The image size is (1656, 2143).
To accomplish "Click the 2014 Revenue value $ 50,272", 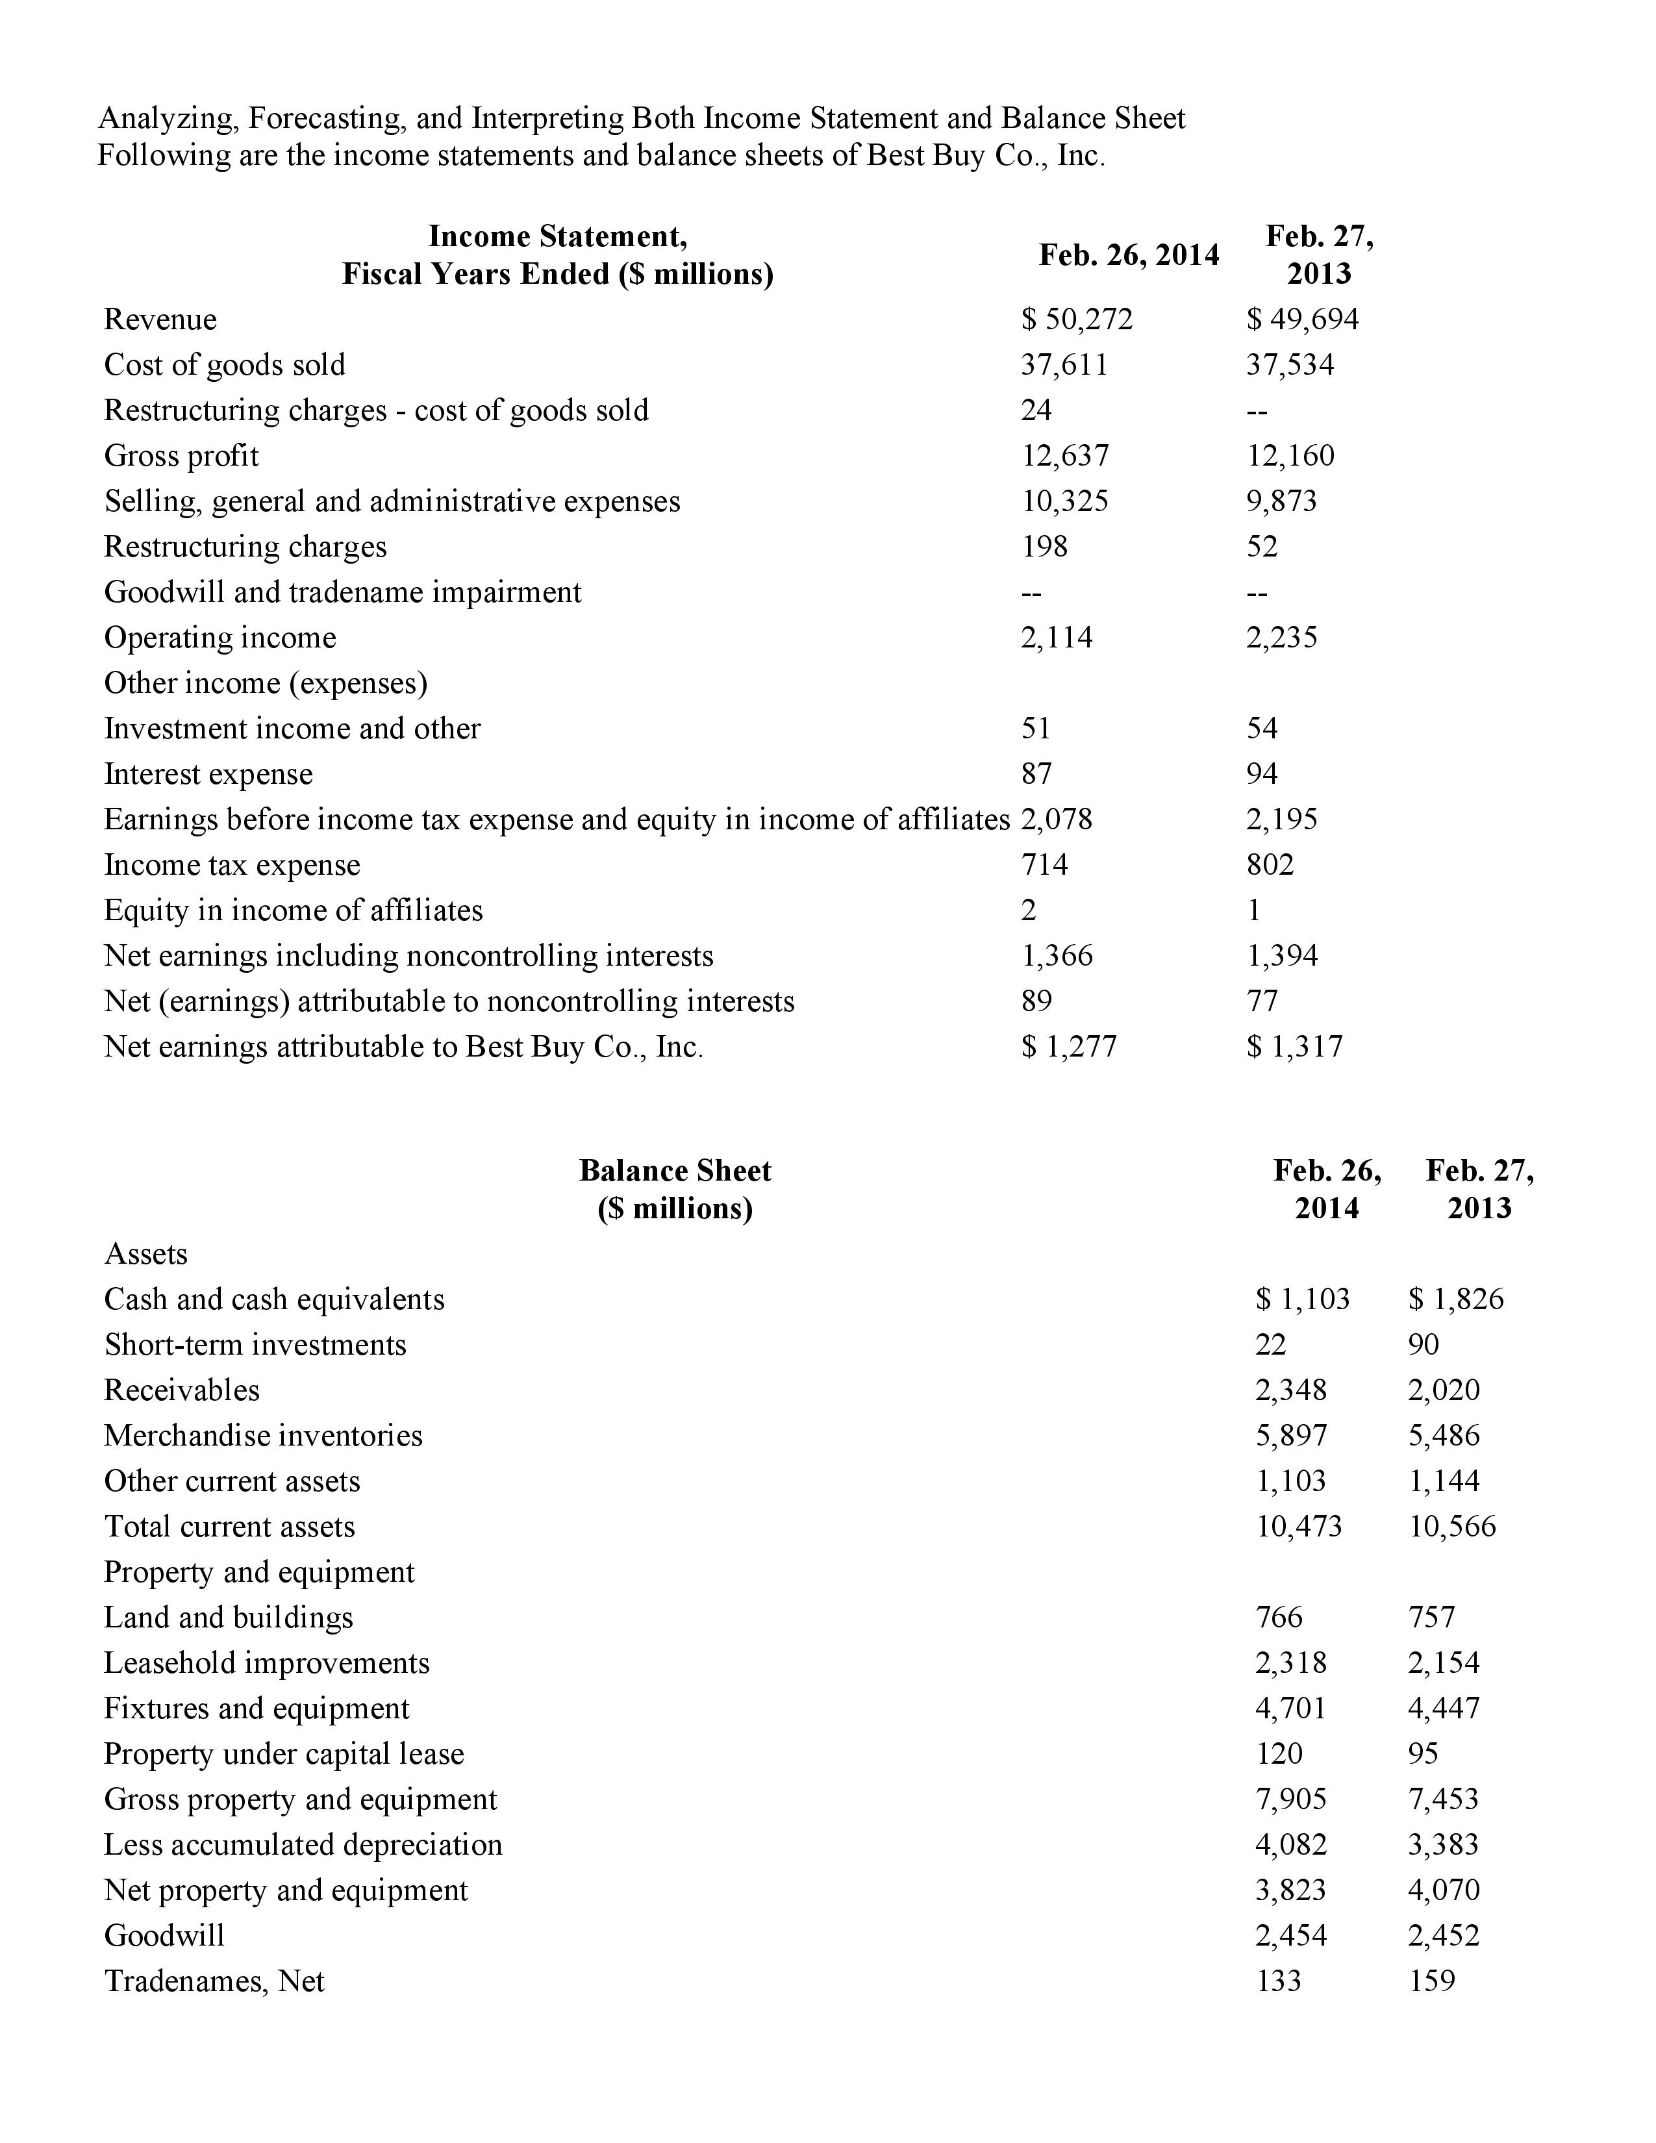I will (1076, 319).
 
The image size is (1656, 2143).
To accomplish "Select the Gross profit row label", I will (181, 455).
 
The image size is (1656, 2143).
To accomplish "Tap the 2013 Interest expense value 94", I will (1262, 773).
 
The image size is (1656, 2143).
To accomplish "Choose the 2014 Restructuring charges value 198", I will (1044, 547).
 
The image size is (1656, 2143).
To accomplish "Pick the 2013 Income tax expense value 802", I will (1270, 864).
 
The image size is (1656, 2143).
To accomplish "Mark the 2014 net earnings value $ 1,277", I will (1068, 1046).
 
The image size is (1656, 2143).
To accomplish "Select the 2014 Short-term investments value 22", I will (1270, 1344).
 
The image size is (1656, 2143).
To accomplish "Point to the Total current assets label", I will (229, 1526).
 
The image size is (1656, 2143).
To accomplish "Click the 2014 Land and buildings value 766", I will (1279, 1617).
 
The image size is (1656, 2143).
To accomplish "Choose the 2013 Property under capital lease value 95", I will (1424, 1753).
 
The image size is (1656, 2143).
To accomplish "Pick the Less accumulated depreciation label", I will (303, 1845).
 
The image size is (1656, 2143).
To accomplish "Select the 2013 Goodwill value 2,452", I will (1443, 1935).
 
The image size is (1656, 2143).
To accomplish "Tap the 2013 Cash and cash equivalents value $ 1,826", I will (1455, 1299).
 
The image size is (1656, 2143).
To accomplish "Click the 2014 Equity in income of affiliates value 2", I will (1028, 910).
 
